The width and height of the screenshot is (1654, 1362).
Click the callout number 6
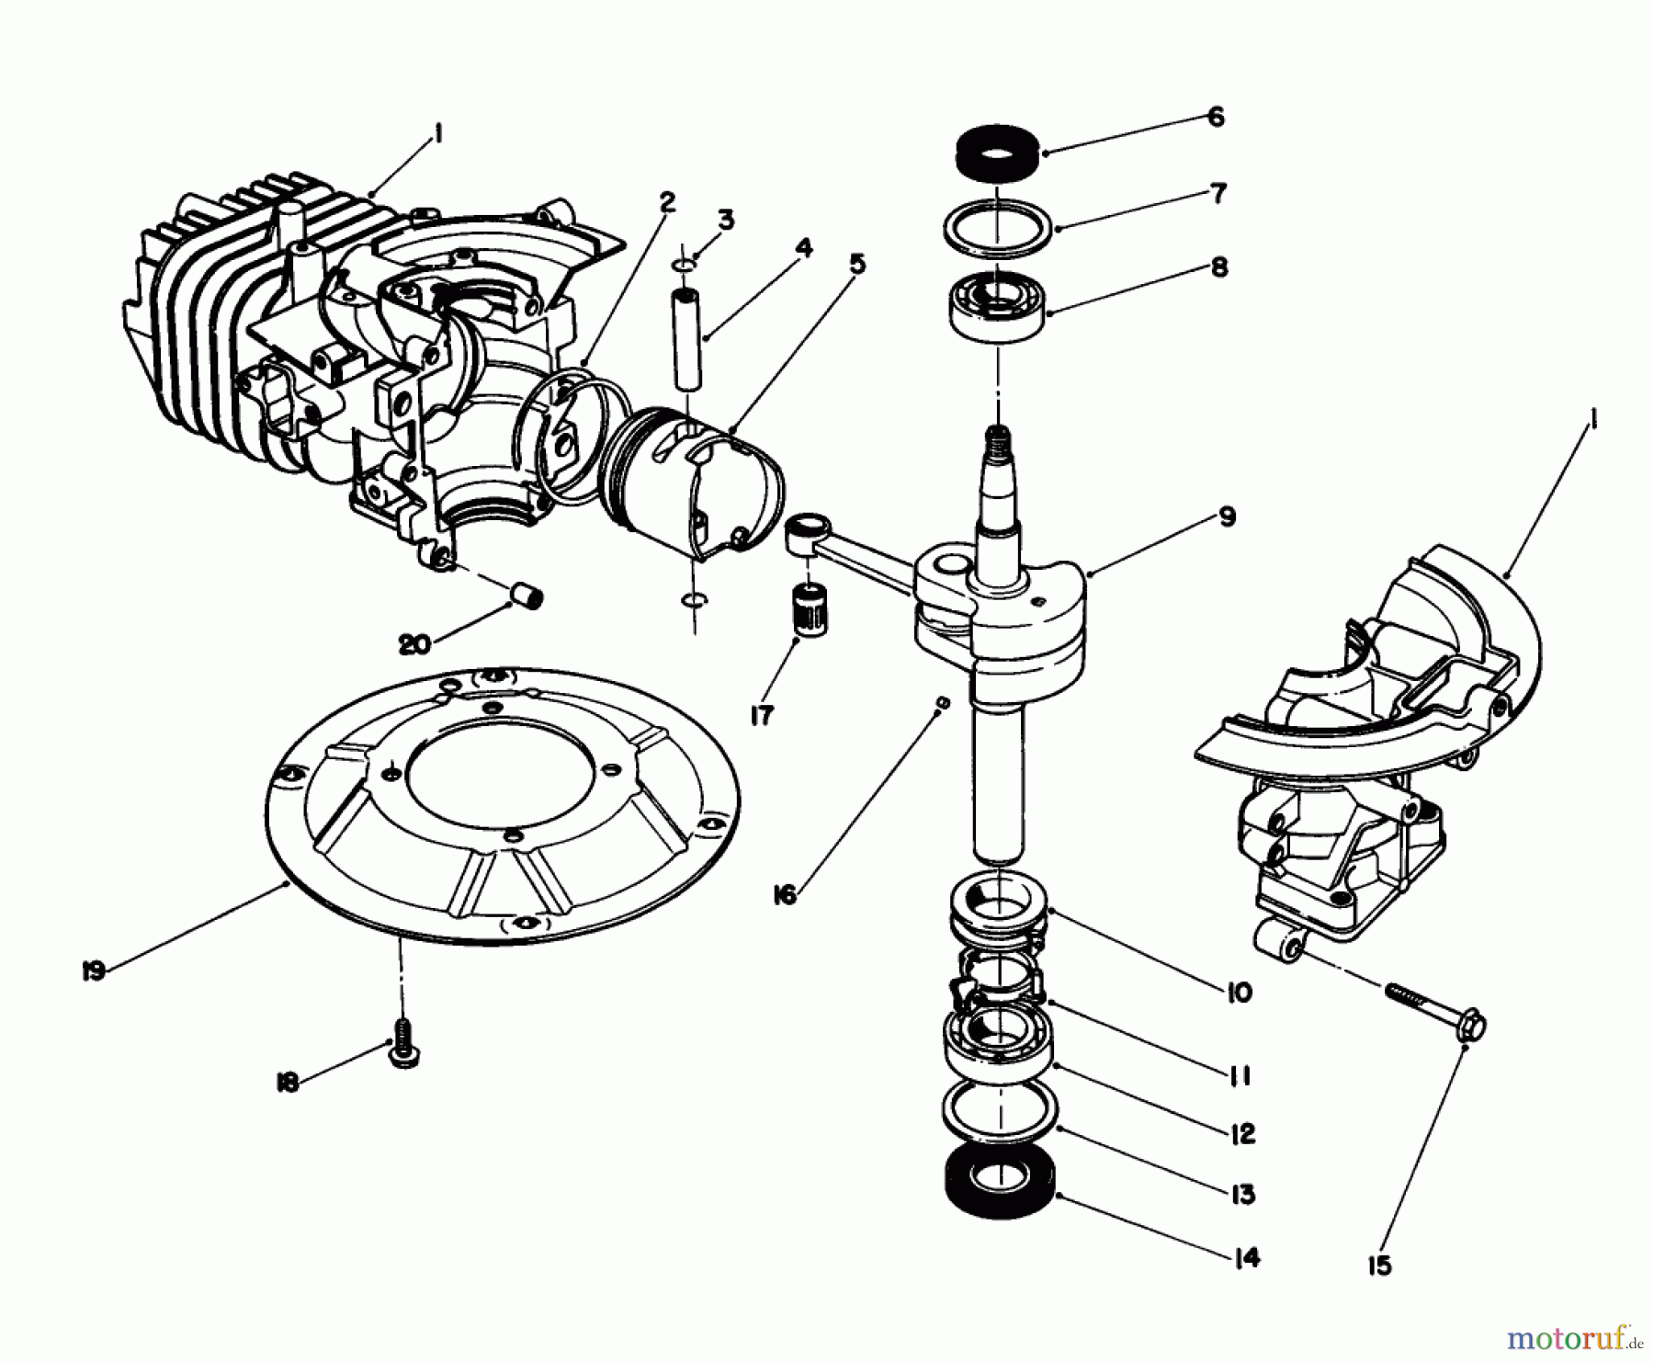[1215, 118]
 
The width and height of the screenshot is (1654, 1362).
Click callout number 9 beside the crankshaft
[1228, 517]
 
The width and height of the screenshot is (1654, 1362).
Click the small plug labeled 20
[528, 597]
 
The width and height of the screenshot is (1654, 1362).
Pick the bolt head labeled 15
[1470, 1025]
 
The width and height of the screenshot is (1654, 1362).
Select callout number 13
[1242, 1194]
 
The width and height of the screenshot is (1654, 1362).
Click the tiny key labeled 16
[941, 702]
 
